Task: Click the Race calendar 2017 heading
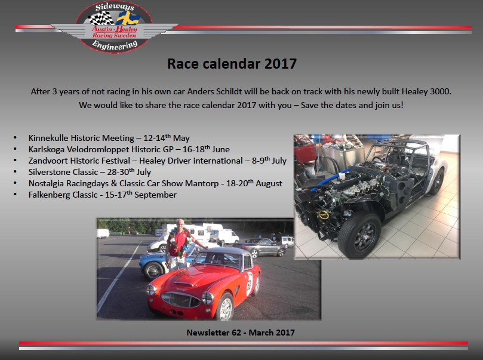[232, 64]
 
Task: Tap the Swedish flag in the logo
[128, 19]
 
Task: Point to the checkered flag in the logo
[101, 18]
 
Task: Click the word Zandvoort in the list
[48, 161]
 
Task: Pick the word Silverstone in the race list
[45, 172]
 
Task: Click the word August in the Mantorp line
[269, 183]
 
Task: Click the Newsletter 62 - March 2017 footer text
[241, 333]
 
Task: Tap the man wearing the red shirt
[180, 244]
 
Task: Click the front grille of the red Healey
[180, 299]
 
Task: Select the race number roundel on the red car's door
[250, 284]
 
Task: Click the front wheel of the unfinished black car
[359, 235]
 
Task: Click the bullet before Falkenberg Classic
[15, 195]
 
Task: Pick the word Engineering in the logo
[115, 45]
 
